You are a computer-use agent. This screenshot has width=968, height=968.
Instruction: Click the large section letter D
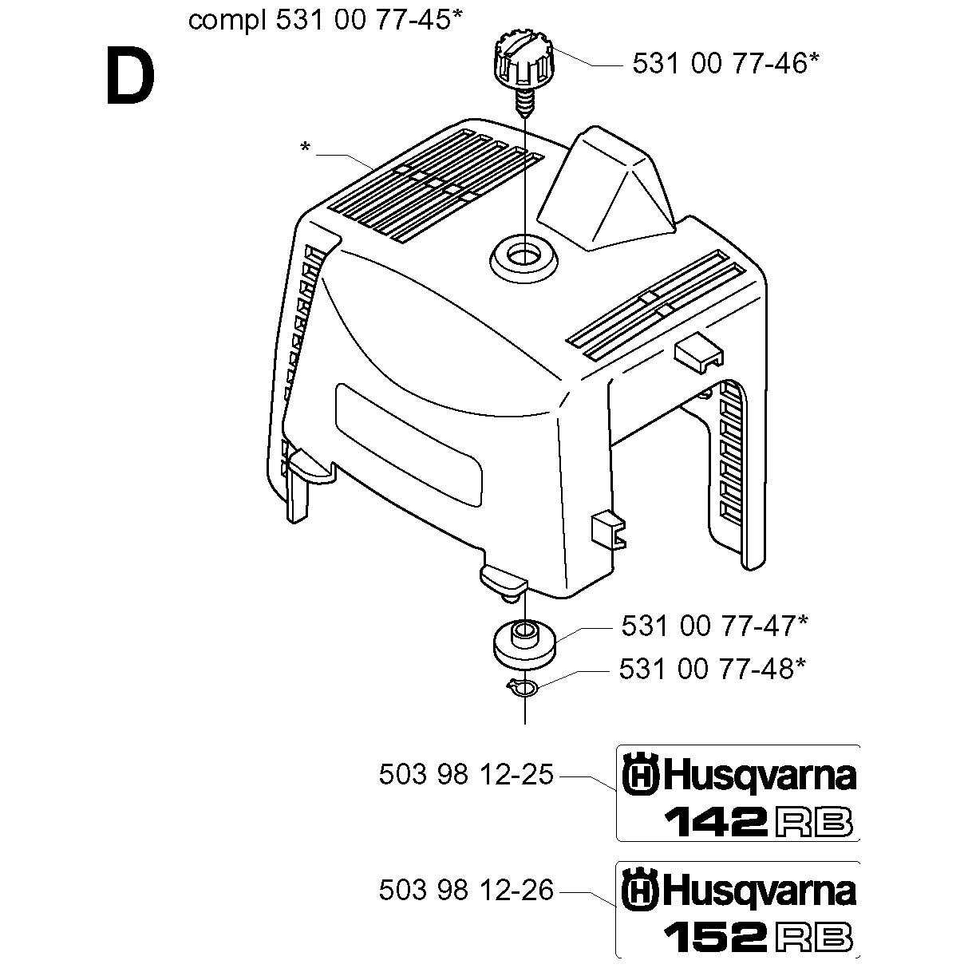coord(131,75)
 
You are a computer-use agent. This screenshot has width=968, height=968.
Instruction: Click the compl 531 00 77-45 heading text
coord(325,21)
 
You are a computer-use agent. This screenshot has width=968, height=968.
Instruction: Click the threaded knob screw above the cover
coord(524,71)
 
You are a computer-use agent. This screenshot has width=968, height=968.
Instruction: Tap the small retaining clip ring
coord(523,686)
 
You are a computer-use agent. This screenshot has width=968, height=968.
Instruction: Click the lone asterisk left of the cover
coord(305,148)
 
